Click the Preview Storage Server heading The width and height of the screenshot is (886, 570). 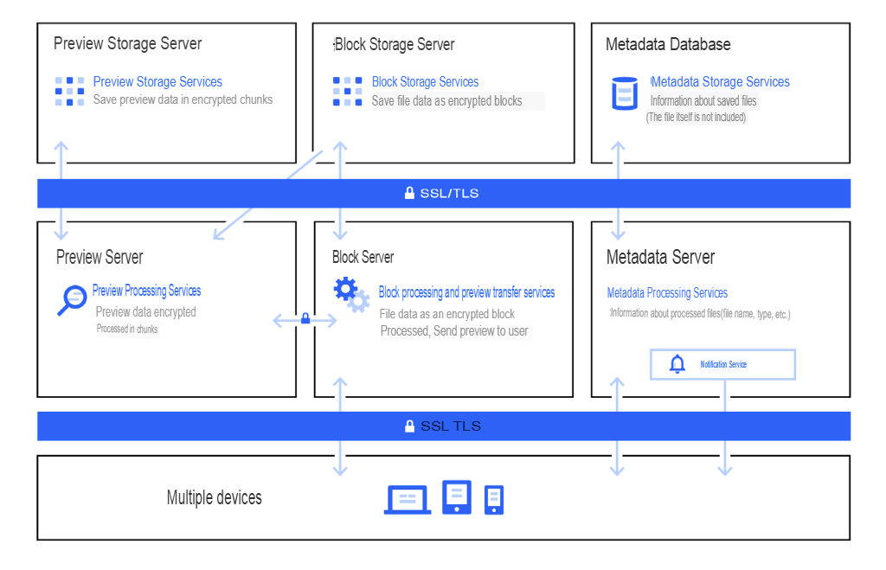pos(127,44)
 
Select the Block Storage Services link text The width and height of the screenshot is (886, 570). pos(425,82)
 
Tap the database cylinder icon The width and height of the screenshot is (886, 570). pos(624,93)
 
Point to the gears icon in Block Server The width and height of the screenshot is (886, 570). pos(351,294)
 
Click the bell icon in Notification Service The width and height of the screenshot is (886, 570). pos(677,364)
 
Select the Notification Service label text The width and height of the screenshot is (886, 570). pos(723,365)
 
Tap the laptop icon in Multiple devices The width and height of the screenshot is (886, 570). pos(408,499)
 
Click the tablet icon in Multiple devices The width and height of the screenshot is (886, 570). pos(457,497)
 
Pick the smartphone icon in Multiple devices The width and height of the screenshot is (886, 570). pos(494,499)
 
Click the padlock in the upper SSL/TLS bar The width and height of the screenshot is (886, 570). pos(409,194)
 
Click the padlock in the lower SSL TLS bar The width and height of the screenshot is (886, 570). pos(409,426)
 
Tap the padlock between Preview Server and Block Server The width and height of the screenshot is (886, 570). pos(305,319)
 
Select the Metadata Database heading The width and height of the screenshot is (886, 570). pos(668,44)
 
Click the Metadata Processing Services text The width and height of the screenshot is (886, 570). pos(667,293)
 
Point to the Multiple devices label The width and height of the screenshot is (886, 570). pos(214,497)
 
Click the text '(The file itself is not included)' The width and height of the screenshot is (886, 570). pos(696,118)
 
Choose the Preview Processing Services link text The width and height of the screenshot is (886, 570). pos(146,291)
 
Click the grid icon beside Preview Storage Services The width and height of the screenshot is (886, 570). pos(70,91)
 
